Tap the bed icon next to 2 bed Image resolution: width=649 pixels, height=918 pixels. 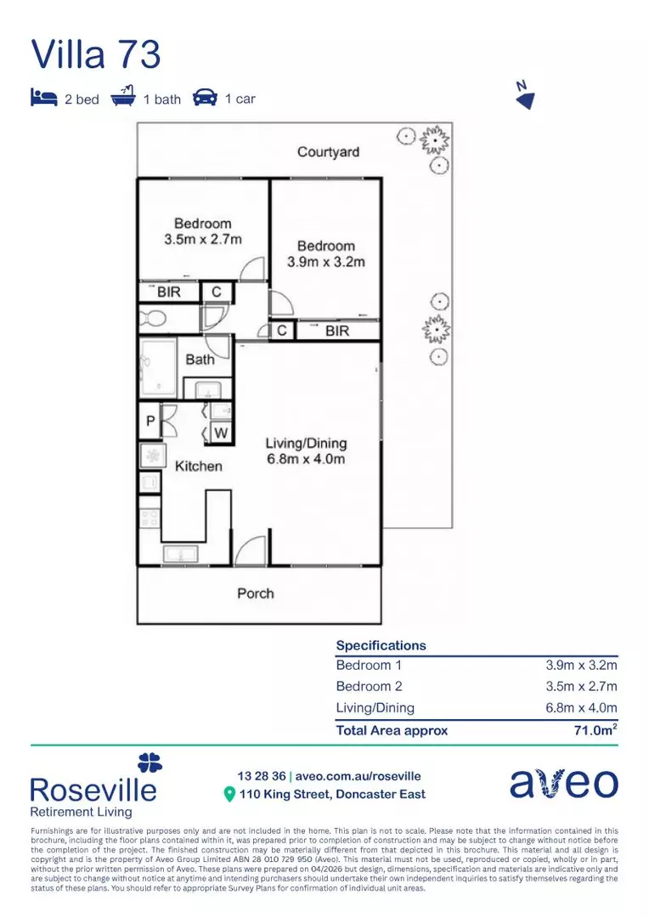(43, 98)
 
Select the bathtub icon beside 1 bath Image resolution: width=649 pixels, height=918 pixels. (124, 97)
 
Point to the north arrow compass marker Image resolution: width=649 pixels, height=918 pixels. (525, 98)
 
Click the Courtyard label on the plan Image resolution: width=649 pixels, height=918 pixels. (328, 152)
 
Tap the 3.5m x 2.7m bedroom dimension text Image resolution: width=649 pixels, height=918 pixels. (203, 240)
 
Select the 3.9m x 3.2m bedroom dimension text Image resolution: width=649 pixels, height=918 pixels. (326, 262)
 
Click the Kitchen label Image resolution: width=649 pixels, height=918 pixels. (198, 466)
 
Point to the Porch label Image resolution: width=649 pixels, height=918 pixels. (255, 593)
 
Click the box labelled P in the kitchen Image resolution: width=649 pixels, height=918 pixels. (150, 422)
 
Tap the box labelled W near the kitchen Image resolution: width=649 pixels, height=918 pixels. (220, 433)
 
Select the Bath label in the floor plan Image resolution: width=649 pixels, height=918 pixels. (200, 359)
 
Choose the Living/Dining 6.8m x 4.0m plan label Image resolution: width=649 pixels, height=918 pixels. (306, 451)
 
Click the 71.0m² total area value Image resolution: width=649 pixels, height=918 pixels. (595, 730)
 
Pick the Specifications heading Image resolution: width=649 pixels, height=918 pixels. (381, 645)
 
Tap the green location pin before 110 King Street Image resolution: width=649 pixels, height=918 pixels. (229, 795)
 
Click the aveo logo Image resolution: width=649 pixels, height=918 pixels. (563, 783)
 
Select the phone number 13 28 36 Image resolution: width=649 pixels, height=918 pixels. (261, 776)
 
